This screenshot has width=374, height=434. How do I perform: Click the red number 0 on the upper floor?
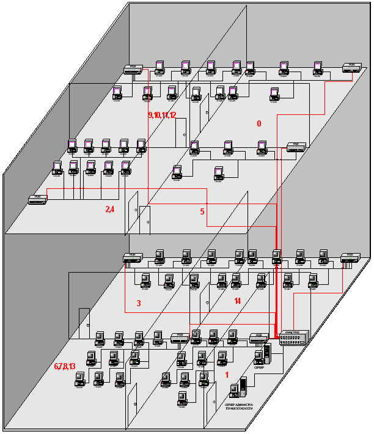[258, 123]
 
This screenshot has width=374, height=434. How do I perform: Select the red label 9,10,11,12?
[162, 115]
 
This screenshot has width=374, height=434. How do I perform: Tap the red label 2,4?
[110, 209]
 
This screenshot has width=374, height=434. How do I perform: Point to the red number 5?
[202, 212]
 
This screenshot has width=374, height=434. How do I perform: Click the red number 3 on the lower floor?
[139, 303]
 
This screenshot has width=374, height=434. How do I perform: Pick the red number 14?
[238, 301]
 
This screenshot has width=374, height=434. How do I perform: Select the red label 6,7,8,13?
[64, 366]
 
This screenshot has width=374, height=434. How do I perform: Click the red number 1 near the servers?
[227, 375]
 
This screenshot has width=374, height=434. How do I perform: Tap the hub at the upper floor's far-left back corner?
[133, 70]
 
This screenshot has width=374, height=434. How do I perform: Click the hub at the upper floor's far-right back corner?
[352, 67]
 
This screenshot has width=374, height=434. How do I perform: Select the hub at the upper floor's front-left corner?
[38, 199]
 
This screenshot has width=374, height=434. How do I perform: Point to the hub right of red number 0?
[296, 147]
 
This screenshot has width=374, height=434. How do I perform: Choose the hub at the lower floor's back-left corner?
[133, 257]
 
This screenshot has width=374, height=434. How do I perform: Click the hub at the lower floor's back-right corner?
[350, 257]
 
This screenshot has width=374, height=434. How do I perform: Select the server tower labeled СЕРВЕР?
[266, 354]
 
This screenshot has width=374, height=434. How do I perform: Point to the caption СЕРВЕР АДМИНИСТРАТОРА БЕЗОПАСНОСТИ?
[244, 408]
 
